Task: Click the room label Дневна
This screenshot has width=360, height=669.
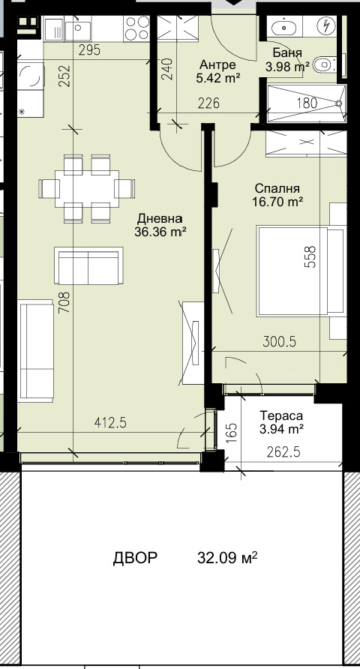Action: pyautogui.click(x=160, y=219)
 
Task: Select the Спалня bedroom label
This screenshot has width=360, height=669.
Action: pyautogui.click(x=277, y=188)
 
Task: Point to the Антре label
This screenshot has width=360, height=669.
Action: pyautogui.click(x=217, y=65)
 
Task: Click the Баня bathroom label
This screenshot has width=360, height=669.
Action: pyautogui.click(x=287, y=53)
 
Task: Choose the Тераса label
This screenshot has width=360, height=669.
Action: pyautogui.click(x=281, y=415)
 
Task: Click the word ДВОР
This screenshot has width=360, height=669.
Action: pyautogui.click(x=135, y=558)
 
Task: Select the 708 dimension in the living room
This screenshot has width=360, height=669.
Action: pyautogui.click(x=64, y=302)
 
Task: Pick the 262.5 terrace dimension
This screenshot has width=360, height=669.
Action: pyautogui.click(x=283, y=451)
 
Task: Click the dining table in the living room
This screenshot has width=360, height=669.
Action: pyautogui.click(x=87, y=188)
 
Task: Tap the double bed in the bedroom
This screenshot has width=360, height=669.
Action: pyautogui.click(x=301, y=271)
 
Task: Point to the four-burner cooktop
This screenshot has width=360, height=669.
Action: pyautogui.click(x=137, y=28)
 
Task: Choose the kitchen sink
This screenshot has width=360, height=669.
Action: pyautogui.click(x=78, y=28)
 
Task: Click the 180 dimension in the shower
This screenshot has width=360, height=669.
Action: pyautogui.click(x=307, y=103)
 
